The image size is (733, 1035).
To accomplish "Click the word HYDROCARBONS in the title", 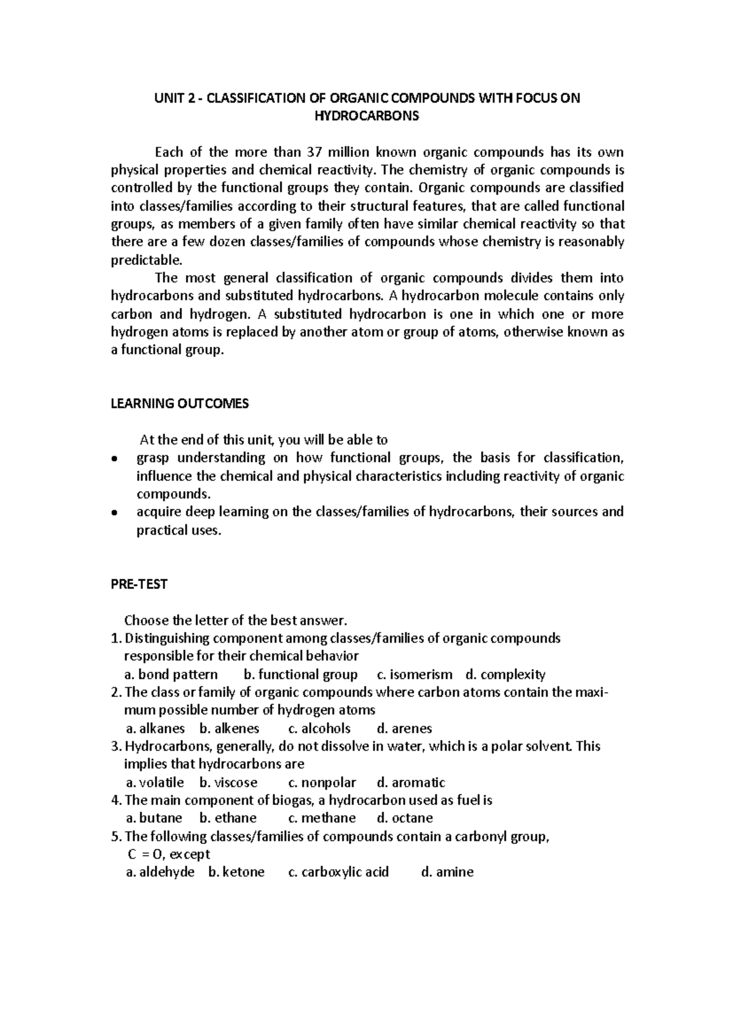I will coord(366,116).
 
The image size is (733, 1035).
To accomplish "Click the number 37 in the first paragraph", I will coord(332,152).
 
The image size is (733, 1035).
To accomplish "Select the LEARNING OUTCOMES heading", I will coord(180,403).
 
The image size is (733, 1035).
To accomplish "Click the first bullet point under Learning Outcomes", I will coord(114,459).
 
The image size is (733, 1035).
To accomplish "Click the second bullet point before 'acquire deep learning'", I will coord(114,513).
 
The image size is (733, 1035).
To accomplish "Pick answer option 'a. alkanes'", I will coord(155,728).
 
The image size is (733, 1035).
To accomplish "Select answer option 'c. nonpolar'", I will coord(321,782).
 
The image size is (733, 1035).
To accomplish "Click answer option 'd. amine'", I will coord(447,872).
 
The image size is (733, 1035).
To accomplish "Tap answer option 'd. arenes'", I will coord(404,728).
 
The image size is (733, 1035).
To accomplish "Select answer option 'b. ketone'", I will coord(236,872).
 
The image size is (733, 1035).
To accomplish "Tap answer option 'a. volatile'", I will coord(155,782).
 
